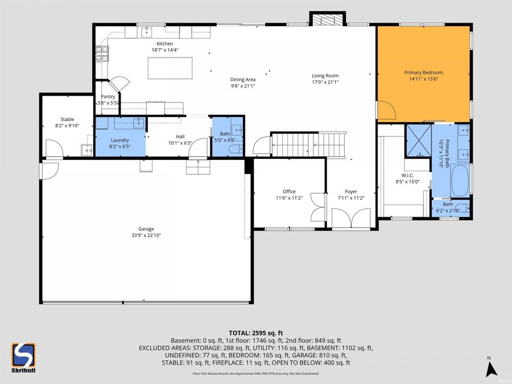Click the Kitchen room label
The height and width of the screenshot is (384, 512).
click(165, 44)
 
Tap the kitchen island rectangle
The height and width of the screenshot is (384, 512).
click(170, 68)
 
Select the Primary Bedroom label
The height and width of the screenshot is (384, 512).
click(423, 72)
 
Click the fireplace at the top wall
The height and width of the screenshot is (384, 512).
click(328, 19)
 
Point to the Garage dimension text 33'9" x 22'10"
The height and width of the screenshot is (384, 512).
click(146, 235)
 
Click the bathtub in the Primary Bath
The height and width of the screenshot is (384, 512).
click(460, 181)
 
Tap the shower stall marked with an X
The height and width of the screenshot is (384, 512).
click(419, 141)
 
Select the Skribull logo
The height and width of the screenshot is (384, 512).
click(23, 358)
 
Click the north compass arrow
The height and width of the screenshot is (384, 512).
click(491, 369)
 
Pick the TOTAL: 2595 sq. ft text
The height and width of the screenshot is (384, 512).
click(255, 333)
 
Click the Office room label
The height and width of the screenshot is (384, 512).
click(289, 192)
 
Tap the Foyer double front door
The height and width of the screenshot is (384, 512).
click(351, 217)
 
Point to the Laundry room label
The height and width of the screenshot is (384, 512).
click(120, 140)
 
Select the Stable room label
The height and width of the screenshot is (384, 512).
click(67, 119)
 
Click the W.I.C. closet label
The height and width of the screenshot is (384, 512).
click(407, 175)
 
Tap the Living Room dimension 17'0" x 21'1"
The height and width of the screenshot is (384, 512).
click(325, 82)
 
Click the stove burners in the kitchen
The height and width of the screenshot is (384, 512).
click(102, 54)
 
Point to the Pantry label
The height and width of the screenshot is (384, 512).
click(108, 97)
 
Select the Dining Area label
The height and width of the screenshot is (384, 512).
click(243, 80)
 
